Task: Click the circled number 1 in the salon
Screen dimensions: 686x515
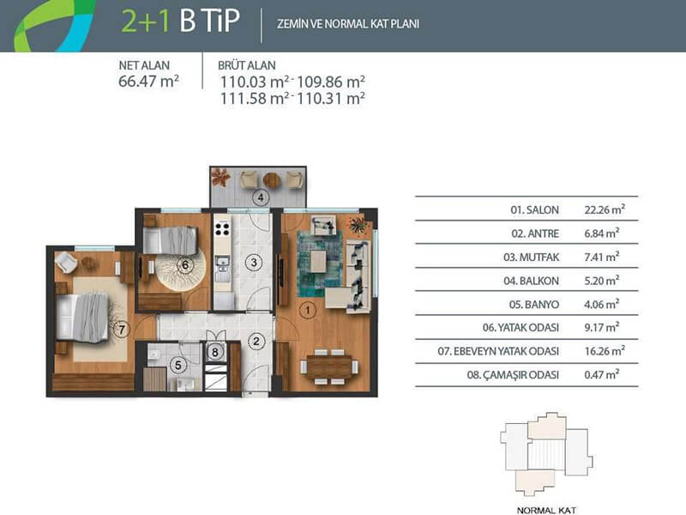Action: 308,311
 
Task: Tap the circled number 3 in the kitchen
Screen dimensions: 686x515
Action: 254,263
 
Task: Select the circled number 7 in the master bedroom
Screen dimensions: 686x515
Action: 122,330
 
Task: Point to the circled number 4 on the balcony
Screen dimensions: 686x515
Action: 262,197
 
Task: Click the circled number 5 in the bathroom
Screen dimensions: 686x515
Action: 178,364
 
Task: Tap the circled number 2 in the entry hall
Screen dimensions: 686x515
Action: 256,342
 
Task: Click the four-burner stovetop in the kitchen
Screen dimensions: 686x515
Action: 222,229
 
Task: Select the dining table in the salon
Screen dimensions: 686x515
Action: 329,367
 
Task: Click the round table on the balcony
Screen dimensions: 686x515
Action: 271,180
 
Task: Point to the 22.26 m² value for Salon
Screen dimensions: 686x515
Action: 605,209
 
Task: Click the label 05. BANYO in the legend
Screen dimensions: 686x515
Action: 533,305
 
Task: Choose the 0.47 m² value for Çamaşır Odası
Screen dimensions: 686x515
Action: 602,374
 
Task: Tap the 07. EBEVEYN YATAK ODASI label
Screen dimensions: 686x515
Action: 498,351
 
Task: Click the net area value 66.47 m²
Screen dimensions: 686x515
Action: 148,82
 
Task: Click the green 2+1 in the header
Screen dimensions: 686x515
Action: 145,21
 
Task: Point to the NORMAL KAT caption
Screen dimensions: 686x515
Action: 546,510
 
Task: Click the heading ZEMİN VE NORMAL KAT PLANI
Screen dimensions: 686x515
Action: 348,24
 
